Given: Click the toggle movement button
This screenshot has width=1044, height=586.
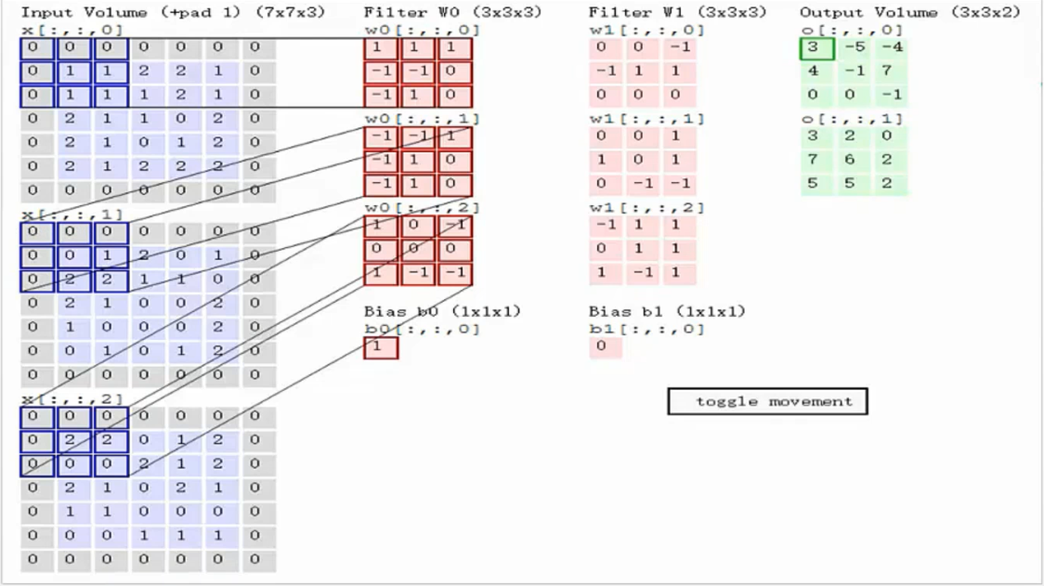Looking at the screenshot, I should pos(767,401).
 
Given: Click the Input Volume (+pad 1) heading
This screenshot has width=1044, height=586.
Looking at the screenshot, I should pos(173,13).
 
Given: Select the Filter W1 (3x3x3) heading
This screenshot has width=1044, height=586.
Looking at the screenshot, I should pos(677,13).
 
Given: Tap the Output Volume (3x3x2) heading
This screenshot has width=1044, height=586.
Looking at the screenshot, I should pos(909,13).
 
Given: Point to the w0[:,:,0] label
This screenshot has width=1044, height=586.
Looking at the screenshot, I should pos(422,31).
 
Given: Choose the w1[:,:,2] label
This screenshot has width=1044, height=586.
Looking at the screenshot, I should pos(646,207).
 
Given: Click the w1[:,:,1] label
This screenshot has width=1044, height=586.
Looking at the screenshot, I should pos(646,119).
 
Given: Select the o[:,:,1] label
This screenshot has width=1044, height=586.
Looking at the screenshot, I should pos(852,119).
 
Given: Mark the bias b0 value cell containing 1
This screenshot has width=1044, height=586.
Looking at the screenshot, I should pos(381,347).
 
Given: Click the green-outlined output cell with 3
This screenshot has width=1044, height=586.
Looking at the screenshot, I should pos(816,47).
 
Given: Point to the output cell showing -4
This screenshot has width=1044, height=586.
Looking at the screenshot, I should pos(891,47).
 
